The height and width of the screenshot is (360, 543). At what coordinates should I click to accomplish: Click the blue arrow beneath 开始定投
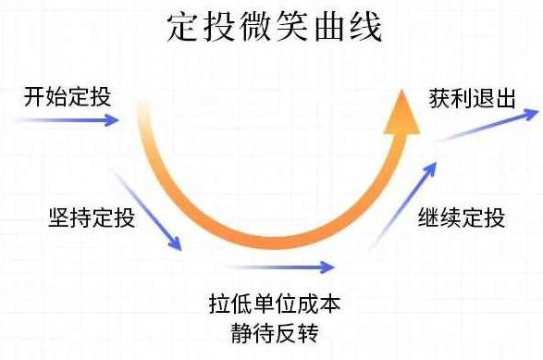(x=74, y=119)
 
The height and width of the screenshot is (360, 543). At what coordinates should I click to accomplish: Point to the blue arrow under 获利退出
(x=487, y=126)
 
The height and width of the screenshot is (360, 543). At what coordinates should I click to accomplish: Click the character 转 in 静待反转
(x=319, y=330)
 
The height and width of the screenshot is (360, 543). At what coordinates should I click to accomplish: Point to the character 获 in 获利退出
(x=439, y=98)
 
